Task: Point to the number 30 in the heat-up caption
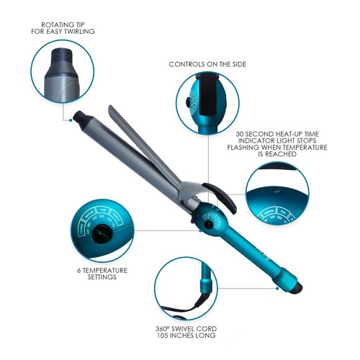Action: coord(241,134)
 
